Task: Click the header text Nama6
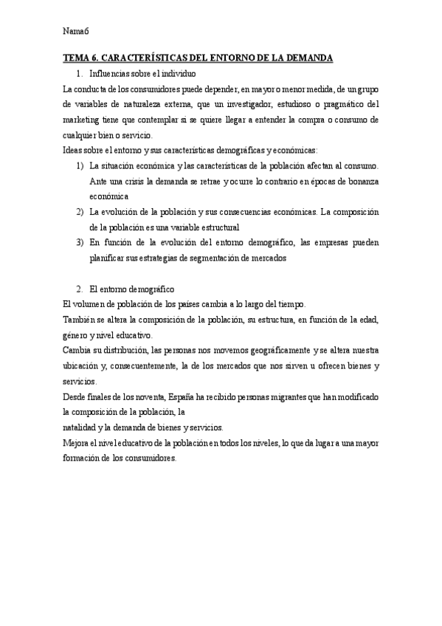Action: (x=75, y=31)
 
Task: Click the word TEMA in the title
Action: (x=77, y=58)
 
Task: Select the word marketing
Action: (x=83, y=120)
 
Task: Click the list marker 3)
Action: (x=80, y=243)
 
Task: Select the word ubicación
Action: (x=83, y=365)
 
